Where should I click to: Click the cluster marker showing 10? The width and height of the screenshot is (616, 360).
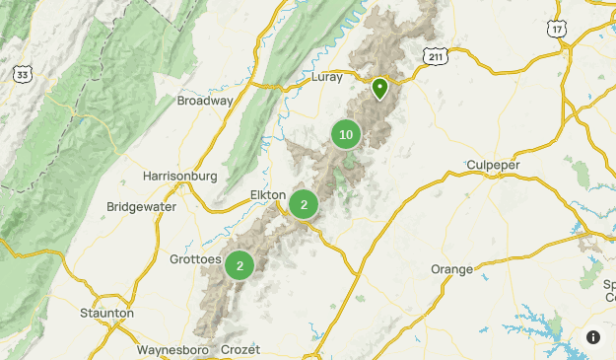pos(345,135)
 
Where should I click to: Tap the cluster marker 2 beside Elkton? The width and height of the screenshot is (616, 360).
pos(304,205)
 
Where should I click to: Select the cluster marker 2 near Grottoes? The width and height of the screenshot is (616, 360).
pos(240,265)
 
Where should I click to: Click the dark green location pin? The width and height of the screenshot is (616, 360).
pos(379,89)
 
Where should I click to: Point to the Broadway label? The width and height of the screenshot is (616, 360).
pos(205,101)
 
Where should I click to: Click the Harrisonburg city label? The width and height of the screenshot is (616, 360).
pos(179,176)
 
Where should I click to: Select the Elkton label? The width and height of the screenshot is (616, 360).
pos(268,194)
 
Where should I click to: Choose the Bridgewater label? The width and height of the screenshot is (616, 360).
pos(141,207)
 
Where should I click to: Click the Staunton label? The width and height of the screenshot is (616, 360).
pos(106,313)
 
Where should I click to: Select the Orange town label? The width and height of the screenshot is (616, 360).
pos(451,269)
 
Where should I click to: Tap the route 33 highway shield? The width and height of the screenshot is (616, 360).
pos(22,74)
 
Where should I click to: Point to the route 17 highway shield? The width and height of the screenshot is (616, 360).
pos(558,30)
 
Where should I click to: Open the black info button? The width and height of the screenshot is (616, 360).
pos(593,337)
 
